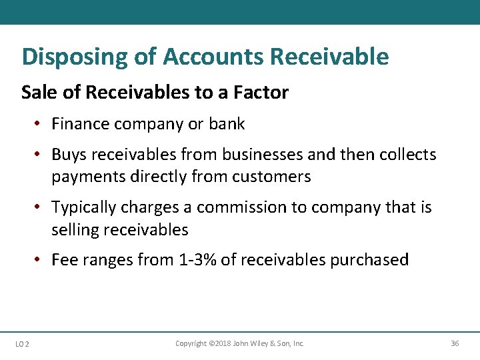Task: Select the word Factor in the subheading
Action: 261,92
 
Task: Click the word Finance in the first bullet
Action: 82,124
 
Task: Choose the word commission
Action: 241,208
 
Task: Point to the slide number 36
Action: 455,343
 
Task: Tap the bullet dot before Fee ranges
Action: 41,260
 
